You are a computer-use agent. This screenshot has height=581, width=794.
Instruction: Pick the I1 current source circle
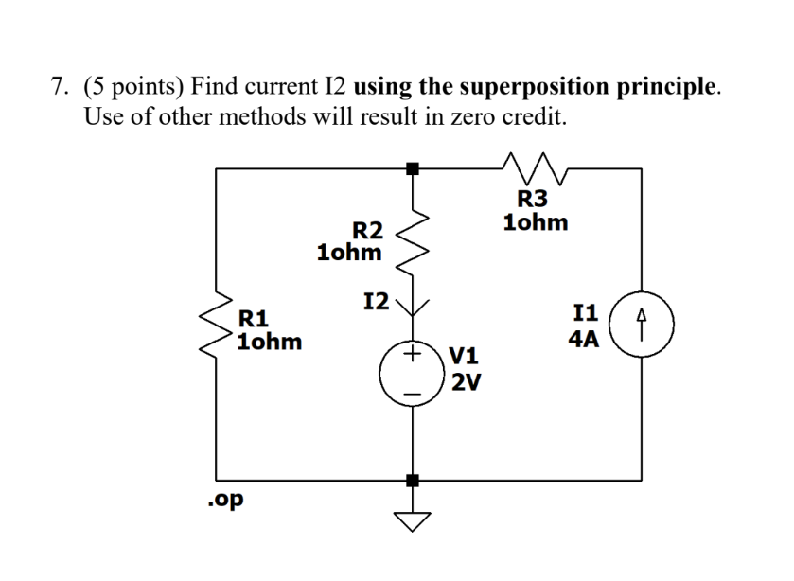coord(643,326)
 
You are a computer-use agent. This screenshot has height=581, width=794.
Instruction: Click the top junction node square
coord(412,168)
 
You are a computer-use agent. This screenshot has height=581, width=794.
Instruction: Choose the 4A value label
coord(584,339)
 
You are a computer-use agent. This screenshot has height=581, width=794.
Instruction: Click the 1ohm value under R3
coord(537,223)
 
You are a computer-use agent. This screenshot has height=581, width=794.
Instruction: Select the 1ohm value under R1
coord(271,342)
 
